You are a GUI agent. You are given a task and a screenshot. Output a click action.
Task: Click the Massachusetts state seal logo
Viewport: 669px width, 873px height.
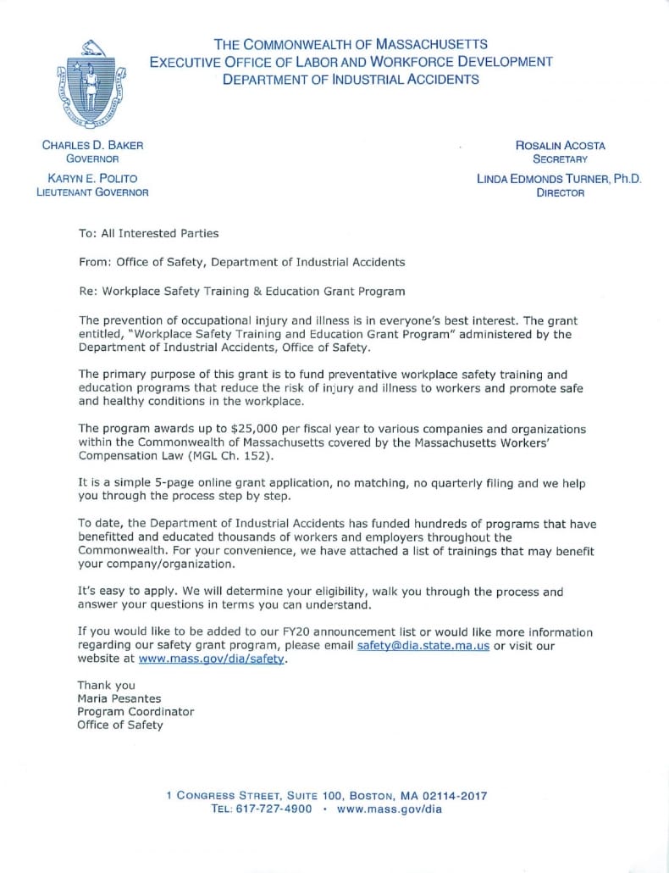[91, 87]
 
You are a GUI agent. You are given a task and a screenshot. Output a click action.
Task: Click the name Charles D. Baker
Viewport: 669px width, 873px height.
[93, 145]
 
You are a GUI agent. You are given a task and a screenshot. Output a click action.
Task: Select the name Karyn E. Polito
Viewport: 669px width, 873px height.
[93, 178]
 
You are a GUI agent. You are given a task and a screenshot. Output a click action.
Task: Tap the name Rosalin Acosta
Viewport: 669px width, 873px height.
[560, 145]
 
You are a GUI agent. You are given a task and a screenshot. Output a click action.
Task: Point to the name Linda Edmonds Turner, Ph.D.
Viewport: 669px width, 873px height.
[560, 179]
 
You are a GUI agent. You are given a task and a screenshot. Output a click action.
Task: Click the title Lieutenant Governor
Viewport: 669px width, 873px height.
[92, 192]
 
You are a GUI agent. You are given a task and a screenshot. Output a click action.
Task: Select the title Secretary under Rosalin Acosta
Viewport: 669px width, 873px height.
[560, 158]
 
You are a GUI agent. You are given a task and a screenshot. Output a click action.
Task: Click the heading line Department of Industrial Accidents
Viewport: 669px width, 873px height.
[351, 80]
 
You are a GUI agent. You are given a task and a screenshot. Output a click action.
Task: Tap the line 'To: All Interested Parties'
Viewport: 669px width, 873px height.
[148, 233]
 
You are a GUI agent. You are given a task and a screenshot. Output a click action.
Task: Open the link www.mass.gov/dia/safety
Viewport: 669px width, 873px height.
[212, 659]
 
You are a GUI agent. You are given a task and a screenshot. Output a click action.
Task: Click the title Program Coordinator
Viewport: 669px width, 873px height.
[135, 712]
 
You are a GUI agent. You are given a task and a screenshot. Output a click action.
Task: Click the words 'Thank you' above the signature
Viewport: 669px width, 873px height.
[106, 685]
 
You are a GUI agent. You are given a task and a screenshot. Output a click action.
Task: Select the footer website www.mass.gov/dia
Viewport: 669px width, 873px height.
[390, 809]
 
